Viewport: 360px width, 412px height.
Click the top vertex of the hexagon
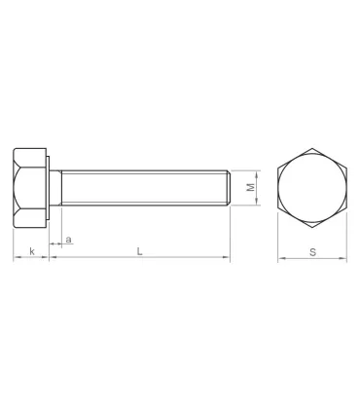312,147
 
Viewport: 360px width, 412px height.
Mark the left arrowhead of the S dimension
281,259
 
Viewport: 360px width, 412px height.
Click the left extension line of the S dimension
278,239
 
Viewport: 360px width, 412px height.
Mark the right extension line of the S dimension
347,239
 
